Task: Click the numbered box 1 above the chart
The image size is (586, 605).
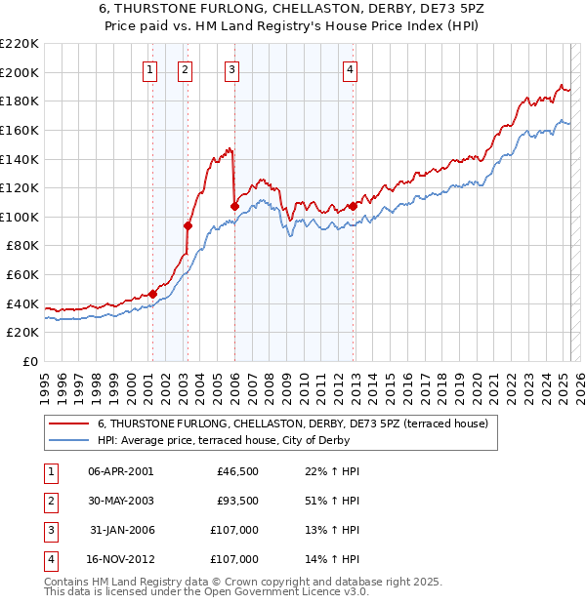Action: [x=150, y=69]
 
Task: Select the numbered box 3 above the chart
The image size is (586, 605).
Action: [x=232, y=69]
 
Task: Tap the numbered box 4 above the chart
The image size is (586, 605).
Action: [x=350, y=69]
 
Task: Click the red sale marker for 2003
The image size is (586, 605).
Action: [x=188, y=225]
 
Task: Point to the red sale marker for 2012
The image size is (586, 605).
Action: [x=353, y=206]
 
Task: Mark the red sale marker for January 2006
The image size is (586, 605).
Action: [x=234, y=206]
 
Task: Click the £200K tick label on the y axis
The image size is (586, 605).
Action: [x=20, y=72]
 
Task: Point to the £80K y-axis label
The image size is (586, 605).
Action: [x=22, y=246]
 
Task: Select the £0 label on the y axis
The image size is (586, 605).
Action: [x=30, y=362]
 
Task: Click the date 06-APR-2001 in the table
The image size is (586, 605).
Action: [x=120, y=471]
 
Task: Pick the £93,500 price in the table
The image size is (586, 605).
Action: [x=237, y=501]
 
